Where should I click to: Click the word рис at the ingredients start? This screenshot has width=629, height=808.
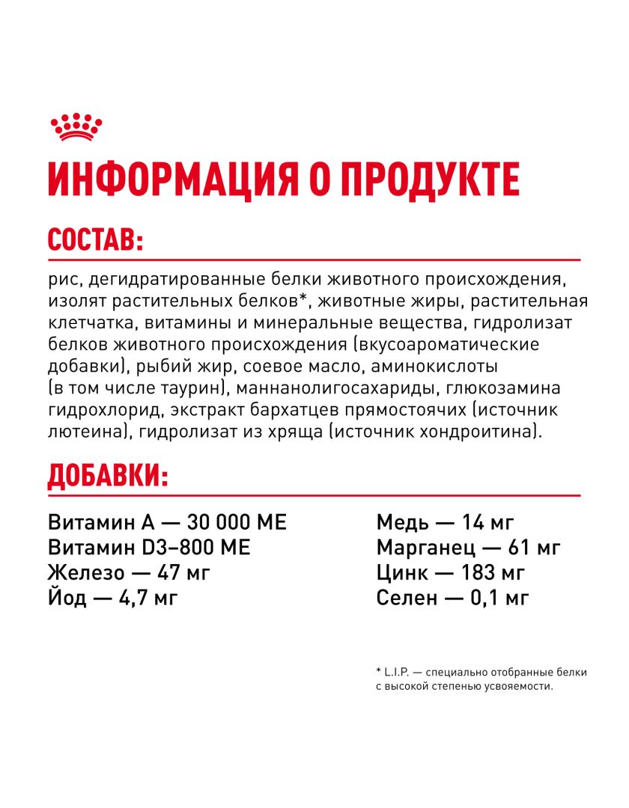(63, 281)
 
